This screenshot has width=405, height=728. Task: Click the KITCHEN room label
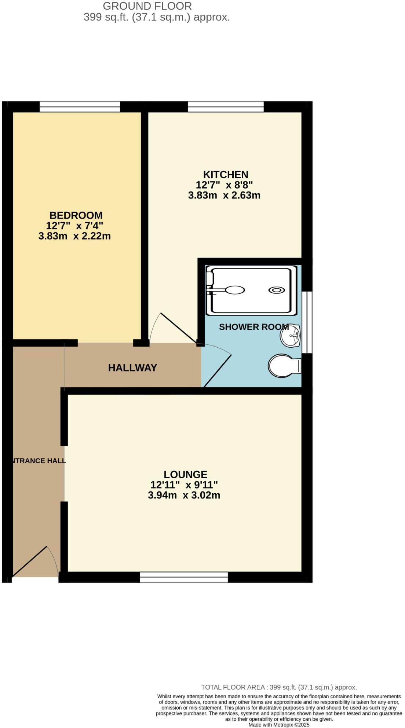226,175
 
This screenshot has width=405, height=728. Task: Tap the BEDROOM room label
76,215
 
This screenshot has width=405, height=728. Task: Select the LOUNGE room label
185,475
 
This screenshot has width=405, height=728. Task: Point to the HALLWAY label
132,367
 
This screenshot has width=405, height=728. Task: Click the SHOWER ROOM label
253,327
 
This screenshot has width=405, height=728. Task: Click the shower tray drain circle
276,290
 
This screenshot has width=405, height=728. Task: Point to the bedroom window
80,106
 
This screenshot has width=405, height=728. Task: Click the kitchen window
226,106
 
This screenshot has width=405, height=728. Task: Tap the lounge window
184,577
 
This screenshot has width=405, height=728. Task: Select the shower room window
307,322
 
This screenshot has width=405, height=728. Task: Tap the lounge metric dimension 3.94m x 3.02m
184,495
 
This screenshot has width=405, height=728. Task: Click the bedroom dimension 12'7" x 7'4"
74,226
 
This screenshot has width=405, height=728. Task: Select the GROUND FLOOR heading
147,6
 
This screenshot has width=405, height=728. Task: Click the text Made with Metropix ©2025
279,725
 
